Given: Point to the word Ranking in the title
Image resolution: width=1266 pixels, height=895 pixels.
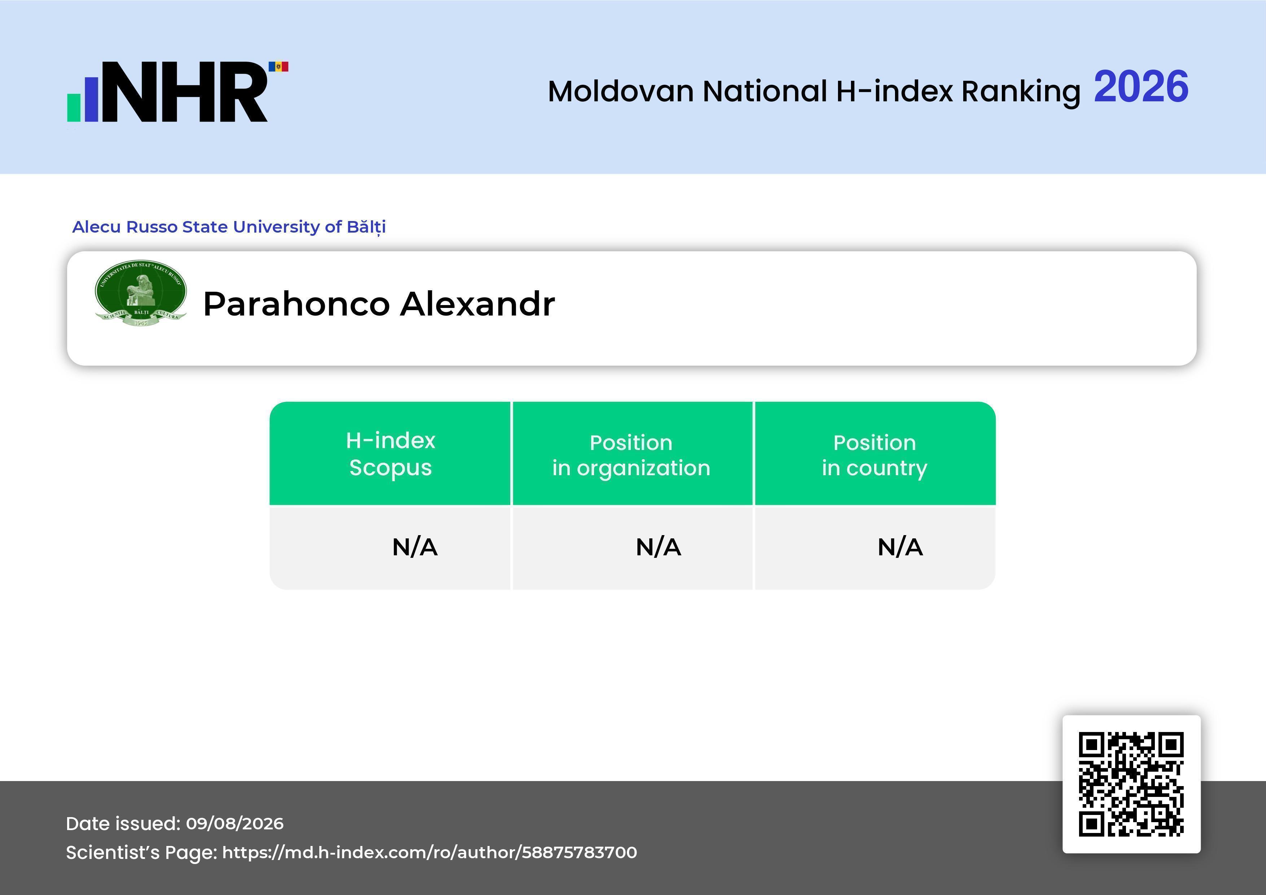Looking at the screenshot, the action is pos(1021,92).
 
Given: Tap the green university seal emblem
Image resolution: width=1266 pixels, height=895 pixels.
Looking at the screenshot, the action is pos(141,293).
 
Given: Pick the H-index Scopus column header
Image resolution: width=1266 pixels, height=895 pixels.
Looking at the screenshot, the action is pos(390,454).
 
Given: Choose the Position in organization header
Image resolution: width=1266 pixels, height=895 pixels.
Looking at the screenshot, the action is pos(631,455).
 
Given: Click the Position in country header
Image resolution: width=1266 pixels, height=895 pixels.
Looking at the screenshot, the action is pos(874,455).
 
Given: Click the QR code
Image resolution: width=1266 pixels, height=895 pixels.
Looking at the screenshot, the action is pos(1131,784).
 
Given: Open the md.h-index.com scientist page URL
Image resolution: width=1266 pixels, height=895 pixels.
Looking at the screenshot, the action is pos(429,852).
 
